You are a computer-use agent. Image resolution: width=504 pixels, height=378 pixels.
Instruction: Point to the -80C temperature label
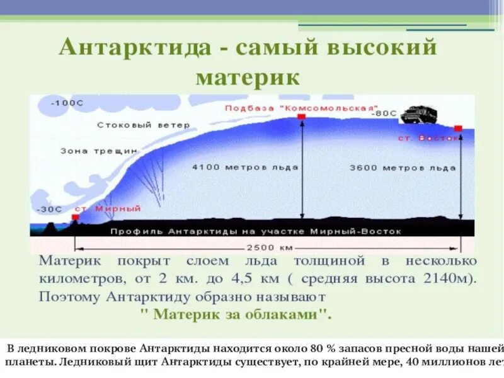click(x=384, y=114)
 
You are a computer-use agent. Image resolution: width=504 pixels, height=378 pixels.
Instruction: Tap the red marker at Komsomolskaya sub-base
click(x=302, y=117)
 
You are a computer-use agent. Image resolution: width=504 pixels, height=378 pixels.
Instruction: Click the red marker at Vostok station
click(x=458, y=129)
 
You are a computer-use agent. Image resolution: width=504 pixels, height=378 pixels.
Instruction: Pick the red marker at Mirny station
click(x=76, y=217)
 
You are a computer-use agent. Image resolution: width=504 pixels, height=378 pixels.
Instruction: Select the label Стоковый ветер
click(x=143, y=125)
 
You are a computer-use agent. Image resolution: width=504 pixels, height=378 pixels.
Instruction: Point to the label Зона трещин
click(x=99, y=151)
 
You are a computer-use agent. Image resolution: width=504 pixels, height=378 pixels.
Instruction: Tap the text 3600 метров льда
click(x=401, y=168)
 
